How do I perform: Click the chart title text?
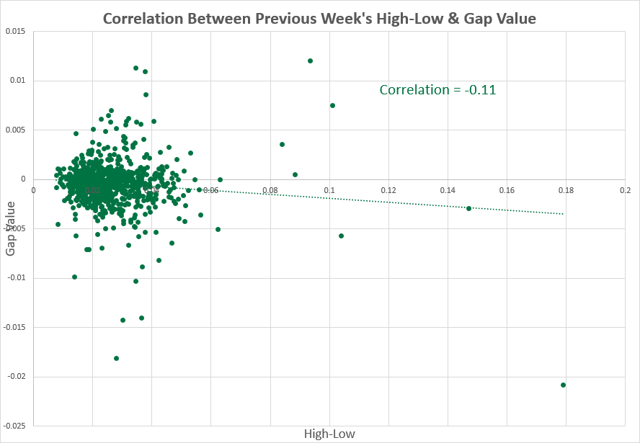coord(319,18)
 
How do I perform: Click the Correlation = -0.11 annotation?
coord(437,90)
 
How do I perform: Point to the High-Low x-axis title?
coord(329,434)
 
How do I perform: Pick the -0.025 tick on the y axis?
coord(14,426)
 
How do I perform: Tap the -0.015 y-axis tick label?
coord(14,327)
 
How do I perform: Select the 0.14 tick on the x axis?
coord(447,190)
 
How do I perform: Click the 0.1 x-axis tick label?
coord(329,190)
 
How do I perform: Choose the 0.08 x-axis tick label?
coord(270,190)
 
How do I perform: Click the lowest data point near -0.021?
coord(563,385)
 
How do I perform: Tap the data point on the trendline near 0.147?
coord(468,208)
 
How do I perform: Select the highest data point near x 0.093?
coord(310,61)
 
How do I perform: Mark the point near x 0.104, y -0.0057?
coord(341,236)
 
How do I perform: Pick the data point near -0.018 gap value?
coord(116,358)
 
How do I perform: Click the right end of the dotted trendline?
coord(564,214)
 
